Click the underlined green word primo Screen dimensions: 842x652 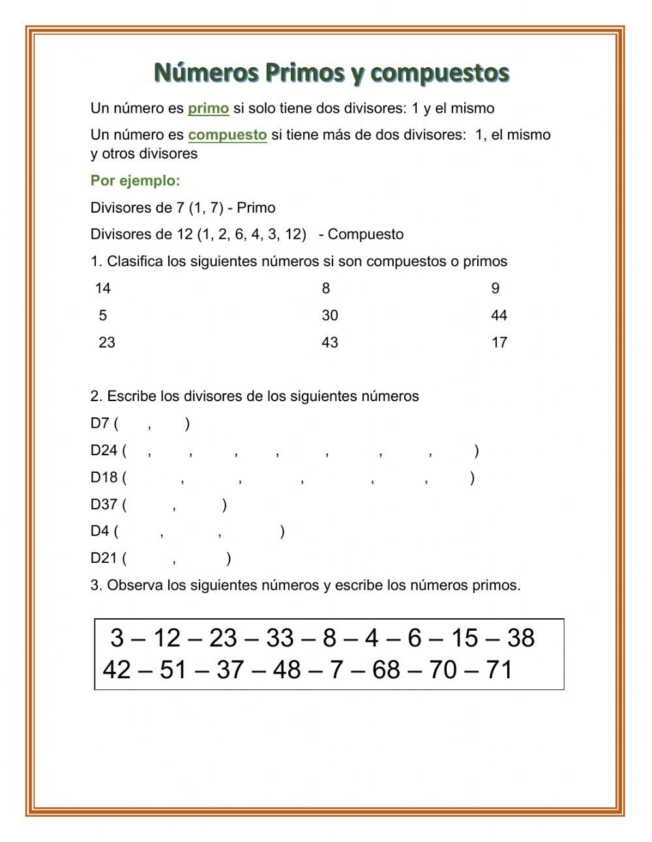pyautogui.click(x=208, y=108)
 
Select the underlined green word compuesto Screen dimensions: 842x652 pyautogui.click(x=228, y=135)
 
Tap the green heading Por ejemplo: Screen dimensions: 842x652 pyautogui.click(x=135, y=181)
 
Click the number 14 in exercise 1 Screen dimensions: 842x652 pyautogui.click(x=103, y=288)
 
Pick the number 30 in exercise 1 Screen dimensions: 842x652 pyautogui.click(x=330, y=316)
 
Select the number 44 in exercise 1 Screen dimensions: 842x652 pyautogui.click(x=499, y=316)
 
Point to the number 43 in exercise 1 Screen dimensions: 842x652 pyautogui.click(x=330, y=342)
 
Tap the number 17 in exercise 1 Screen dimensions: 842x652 pyautogui.click(x=499, y=342)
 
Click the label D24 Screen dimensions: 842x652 pyautogui.click(x=104, y=451)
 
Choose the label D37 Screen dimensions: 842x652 pyautogui.click(x=104, y=504)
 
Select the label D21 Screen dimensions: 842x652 pyautogui.click(x=104, y=558)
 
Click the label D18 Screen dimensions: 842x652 pyautogui.click(x=104, y=477)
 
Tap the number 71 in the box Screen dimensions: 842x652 pyautogui.click(x=499, y=670)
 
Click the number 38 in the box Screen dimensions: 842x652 pyautogui.click(x=520, y=638)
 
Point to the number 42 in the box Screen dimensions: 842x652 pyautogui.click(x=117, y=670)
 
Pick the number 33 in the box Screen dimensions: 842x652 pyautogui.click(x=280, y=638)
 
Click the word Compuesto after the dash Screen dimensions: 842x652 pyautogui.click(x=366, y=235)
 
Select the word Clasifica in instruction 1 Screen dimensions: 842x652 pyautogui.click(x=135, y=262)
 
